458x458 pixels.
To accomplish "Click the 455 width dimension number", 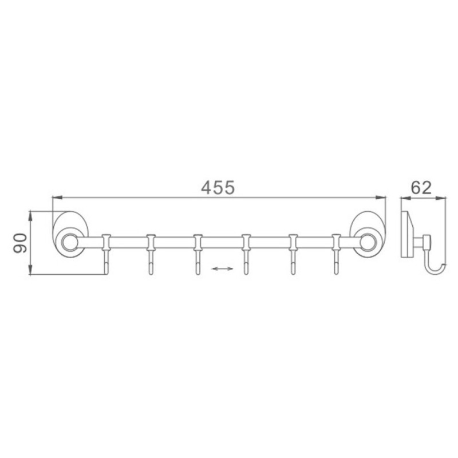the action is point(218,187).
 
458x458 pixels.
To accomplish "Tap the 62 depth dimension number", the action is point(421,188).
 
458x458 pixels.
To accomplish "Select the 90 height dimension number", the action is point(20,242).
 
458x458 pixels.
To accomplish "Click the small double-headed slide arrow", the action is point(222,269).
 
